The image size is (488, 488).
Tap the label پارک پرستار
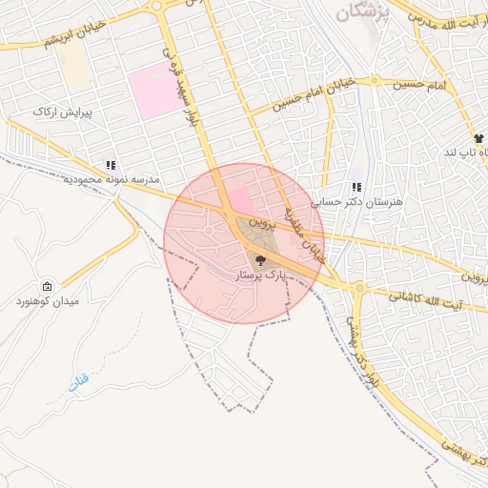[x=261, y=274]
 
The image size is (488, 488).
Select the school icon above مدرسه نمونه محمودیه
[x=112, y=165]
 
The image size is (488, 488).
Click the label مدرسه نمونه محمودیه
[x=112, y=179]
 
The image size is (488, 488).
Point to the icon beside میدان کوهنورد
[x=48, y=286]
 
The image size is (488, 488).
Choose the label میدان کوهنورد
[x=47, y=301]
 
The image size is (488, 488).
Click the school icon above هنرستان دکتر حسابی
[x=356, y=188]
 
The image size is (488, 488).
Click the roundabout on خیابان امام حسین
[x=375, y=81]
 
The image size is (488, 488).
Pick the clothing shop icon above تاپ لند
[x=478, y=139]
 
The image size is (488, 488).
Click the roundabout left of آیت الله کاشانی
[x=359, y=287]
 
